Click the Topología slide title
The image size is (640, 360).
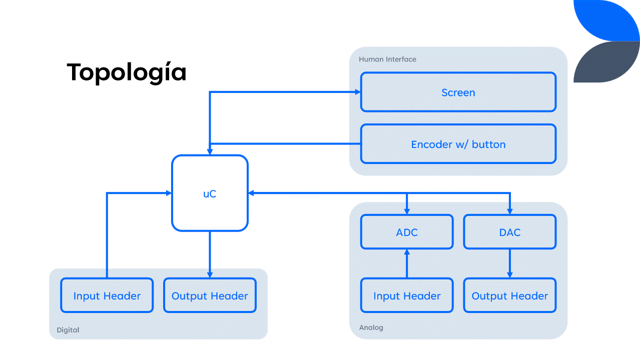pyautogui.click(x=127, y=72)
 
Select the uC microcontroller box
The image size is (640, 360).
pyautogui.click(x=210, y=193)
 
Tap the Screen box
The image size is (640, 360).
pyautogui.click(x=458, y=92)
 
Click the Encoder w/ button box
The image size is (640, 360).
pyautogui.click(x=458, y=144)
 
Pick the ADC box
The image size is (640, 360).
pyautogui.click(x=407, y=232)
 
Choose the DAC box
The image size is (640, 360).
pyautogui.click(x=509, y=232)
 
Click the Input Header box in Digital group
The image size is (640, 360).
pyautogui.click(x=107, y=296)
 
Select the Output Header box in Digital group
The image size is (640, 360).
pyautogui.click(x=210, y=296)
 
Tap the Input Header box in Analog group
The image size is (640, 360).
pyautogui.click(x=407, y=296)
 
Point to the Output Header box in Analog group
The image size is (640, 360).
pyautogui.click(x=509, y=296)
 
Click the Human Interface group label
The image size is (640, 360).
pyautogui.click(x=387, y=59)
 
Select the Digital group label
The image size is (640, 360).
pyautogui.click(x=68, y=330)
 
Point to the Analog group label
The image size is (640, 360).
pyautogui.click(x=371, y=327)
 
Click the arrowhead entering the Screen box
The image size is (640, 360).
pyautogui.click(x=357, y=92)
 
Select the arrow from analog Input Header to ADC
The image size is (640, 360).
pyautogui.click(x=407, y=263)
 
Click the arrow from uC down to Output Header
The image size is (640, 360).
pyautogui.click(x=210, y=255)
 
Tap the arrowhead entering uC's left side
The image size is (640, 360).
pyautogui.click(x=169, y=193)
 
